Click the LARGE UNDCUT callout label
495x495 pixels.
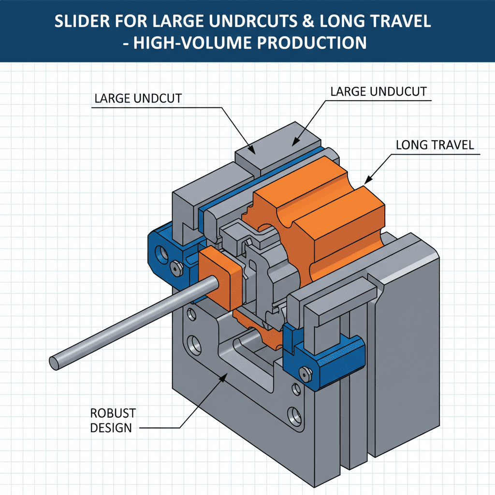point(138,99)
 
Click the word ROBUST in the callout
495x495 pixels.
point(113,413)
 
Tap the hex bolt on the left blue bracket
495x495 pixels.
point(175,265)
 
